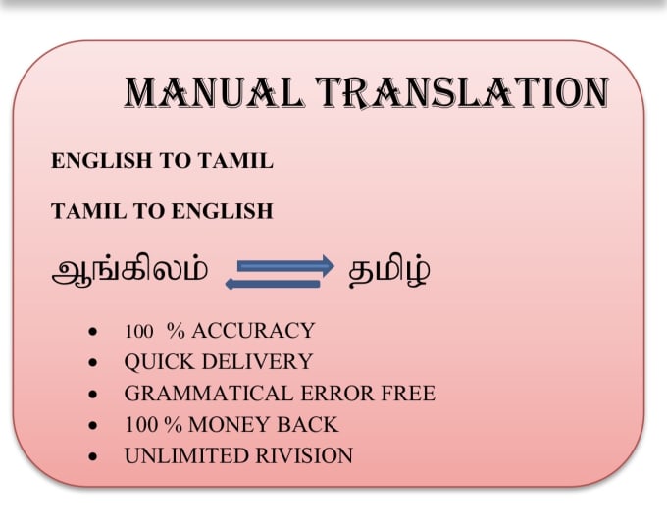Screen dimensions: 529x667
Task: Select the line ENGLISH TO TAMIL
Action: (162, 162)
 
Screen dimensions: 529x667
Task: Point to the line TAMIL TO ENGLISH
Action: (162, 211)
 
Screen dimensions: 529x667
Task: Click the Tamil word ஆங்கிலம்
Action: (129, 271)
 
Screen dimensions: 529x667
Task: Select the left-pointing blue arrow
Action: (273, 284)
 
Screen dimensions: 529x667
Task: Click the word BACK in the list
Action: (310, 425)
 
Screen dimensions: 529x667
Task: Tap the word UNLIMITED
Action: (180, 456)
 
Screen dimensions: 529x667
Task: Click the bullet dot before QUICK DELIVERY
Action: (92, 363)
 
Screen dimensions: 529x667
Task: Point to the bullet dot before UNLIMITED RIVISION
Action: (92, 457)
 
